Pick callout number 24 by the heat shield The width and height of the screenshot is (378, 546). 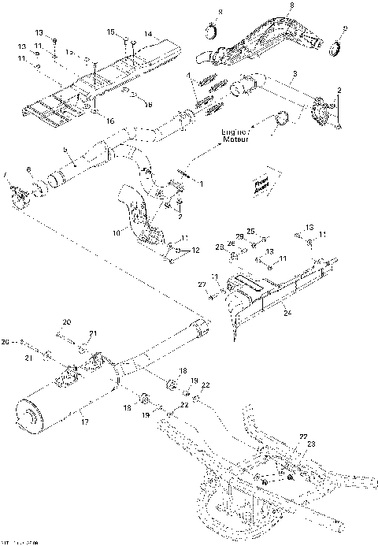pos(288,313)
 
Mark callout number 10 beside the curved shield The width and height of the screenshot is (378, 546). pos(117,232)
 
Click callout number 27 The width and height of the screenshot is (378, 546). pos(201,284)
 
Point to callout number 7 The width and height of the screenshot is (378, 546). pos(6,173)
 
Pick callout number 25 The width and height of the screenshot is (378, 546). pos(252,231)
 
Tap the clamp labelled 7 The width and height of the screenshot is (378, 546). pos(17,190)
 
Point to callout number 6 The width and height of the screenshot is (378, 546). pos(29,169)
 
